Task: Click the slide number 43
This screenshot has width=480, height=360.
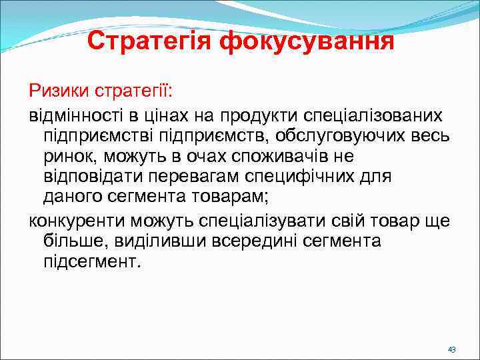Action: pos(451,350)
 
